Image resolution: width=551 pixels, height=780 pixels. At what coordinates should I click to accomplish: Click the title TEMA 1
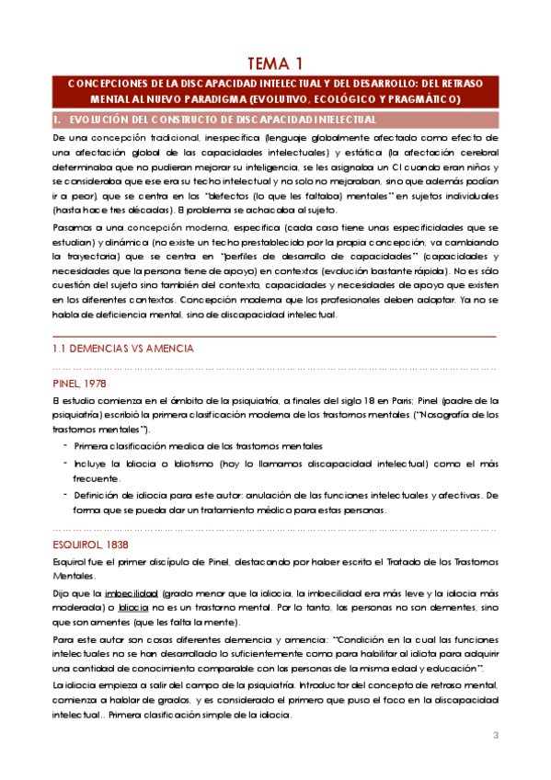pyautogui.click(x=275, y=63)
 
